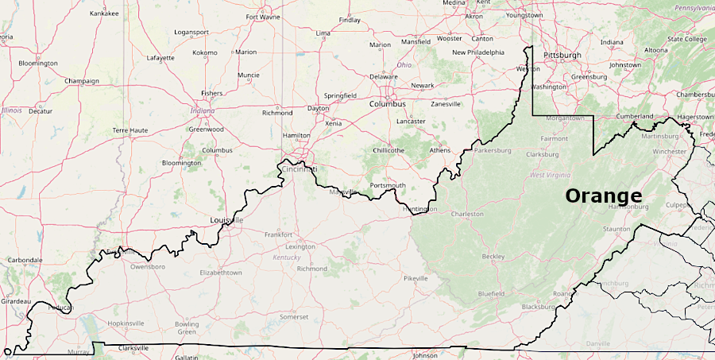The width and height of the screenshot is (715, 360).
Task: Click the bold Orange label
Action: click(603, 195)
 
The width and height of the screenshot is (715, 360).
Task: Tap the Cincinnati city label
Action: click(298, 169)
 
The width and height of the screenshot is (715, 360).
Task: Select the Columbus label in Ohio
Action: click(387, 104)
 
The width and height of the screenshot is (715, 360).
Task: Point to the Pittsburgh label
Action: click(562, 55)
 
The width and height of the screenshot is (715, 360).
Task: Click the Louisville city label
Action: click(226, 219)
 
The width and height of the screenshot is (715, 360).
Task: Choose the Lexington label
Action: click(300, 246)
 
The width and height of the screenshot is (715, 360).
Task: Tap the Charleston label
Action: click(467, 214)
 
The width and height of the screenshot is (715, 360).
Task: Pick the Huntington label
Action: click(420, 209)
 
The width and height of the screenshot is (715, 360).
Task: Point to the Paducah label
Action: click(60, 307)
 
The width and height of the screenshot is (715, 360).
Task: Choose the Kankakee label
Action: click(104, 14)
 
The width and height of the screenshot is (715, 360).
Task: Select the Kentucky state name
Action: click(287, 257)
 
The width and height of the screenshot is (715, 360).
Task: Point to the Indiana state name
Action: click(203, 110)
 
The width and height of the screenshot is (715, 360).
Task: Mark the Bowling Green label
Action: click(187, 327)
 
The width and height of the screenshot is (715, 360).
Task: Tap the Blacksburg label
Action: click(538, 307)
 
